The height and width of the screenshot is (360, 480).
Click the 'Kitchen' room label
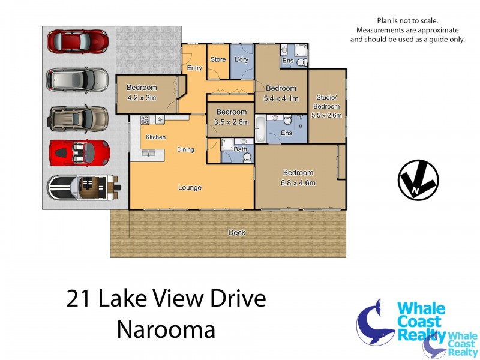155,137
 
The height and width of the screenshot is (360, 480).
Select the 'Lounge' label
190,188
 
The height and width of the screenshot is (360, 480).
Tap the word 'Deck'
237,233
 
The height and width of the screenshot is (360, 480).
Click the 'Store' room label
218,59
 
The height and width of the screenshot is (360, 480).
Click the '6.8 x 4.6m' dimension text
298,183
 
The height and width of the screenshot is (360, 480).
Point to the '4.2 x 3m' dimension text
142,98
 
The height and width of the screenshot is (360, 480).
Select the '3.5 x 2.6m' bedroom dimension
231,122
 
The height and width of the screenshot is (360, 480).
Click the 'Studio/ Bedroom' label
327,103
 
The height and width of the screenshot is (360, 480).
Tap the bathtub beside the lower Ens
260,128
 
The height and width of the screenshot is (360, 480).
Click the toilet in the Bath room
247,157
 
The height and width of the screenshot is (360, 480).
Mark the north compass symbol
418,180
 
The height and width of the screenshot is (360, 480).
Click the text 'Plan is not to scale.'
407,20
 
